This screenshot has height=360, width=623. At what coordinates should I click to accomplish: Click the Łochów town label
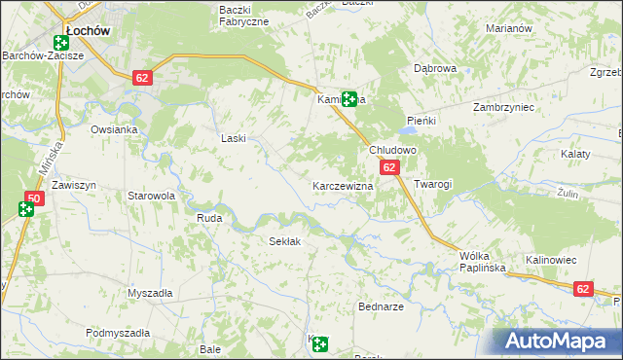pyautogui.click(x=87, y=31)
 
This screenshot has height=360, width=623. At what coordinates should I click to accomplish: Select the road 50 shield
pyautogui.click(x=33, y=198)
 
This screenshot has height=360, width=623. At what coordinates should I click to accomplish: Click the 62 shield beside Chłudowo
pyautogui.click(x=389, y=168)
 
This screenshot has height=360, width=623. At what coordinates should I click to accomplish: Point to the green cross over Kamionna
pyautogui.click(x=348, y=97)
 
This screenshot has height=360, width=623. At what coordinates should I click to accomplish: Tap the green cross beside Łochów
pyautogui.click(x=61, y=43)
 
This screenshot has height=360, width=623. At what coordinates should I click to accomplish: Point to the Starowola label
pyautogui.click(x=152, y=196)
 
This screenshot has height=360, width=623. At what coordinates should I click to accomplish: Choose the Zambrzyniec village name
pyautogui.click(x=504, y=107)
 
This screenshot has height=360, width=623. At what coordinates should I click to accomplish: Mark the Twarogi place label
pyautogui.click(x=433, y=184)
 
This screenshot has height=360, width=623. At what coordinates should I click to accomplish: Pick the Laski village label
pyautogui.click(x=234, y=139)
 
